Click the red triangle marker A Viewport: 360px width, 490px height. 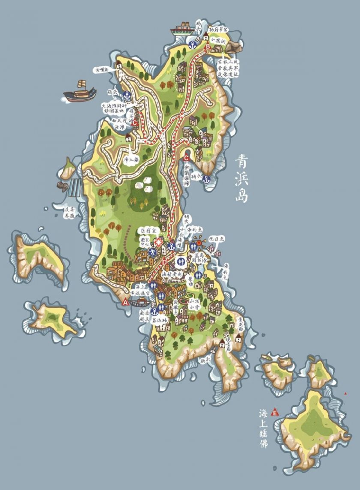[x=126, y=302]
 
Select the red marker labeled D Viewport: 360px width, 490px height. [x=165, y=262]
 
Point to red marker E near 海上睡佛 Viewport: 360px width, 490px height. [x=275, y=413]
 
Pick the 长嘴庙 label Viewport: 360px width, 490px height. [x=102, y=69]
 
